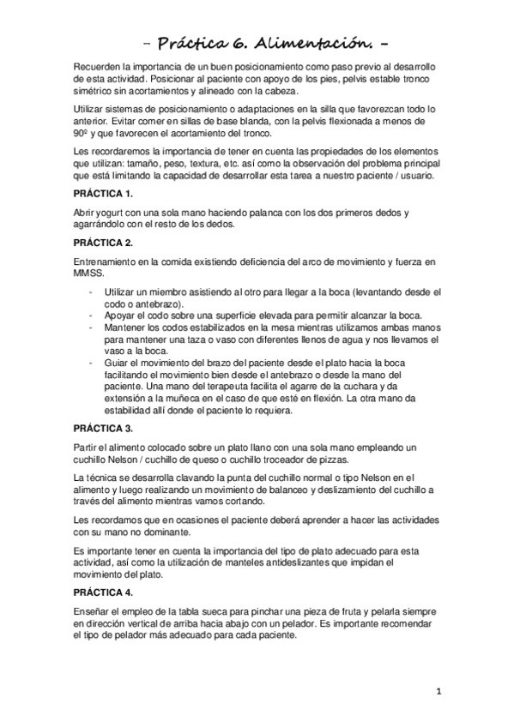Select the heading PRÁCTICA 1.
103,195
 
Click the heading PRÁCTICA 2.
103,243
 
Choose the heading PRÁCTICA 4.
103,592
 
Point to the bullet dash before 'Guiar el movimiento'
91,362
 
